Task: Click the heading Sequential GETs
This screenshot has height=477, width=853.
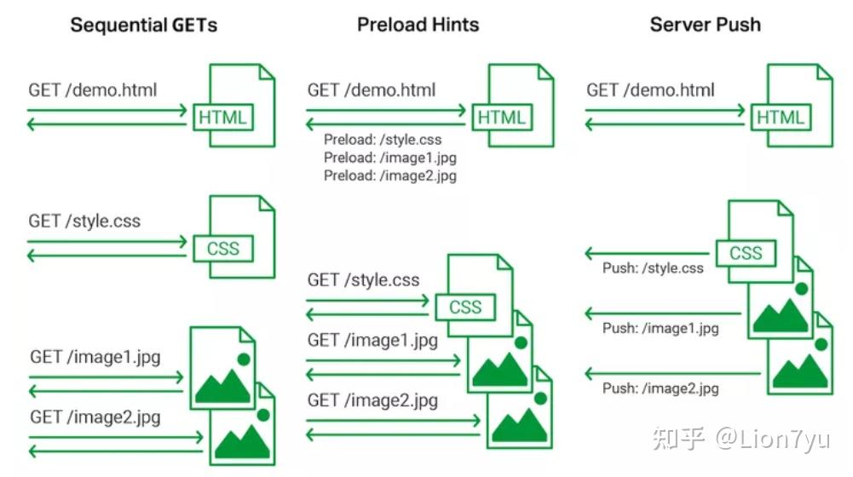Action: (x=144, y=25)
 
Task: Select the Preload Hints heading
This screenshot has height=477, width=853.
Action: (x=418, y=25)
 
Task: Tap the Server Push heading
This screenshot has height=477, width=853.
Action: (x=705, y=25)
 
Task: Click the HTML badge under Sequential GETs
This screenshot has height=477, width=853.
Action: (x=223, y=118)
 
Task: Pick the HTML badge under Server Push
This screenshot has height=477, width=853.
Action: (x=781, y=118)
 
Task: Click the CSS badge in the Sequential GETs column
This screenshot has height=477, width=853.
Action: (x=223, y=249)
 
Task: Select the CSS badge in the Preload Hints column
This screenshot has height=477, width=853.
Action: (x=465, y=307)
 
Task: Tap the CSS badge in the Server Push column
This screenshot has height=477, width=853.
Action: (x=746, y=253)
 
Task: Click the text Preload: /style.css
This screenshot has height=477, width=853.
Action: (x=383, y=140)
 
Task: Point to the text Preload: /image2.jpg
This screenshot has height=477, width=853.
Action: (x=390, y=175)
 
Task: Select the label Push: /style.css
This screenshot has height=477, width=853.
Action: (x=653, y=268)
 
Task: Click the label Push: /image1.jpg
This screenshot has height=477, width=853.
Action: (x=660, y=329)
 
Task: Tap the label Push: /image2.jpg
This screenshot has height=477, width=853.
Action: (x=660, y=388)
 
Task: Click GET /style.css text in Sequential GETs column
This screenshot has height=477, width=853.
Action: (x=84, y=221)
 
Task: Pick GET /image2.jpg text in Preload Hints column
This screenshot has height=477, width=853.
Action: (x=372, y=401)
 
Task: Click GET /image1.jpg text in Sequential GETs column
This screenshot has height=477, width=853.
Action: (x=95, y=358)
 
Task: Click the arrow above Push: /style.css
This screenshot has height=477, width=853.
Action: (x=647, y=253)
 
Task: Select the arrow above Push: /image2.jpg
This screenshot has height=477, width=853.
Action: (x=672, y=374)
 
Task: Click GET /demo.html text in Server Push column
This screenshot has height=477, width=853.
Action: (x=650, y=89)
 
